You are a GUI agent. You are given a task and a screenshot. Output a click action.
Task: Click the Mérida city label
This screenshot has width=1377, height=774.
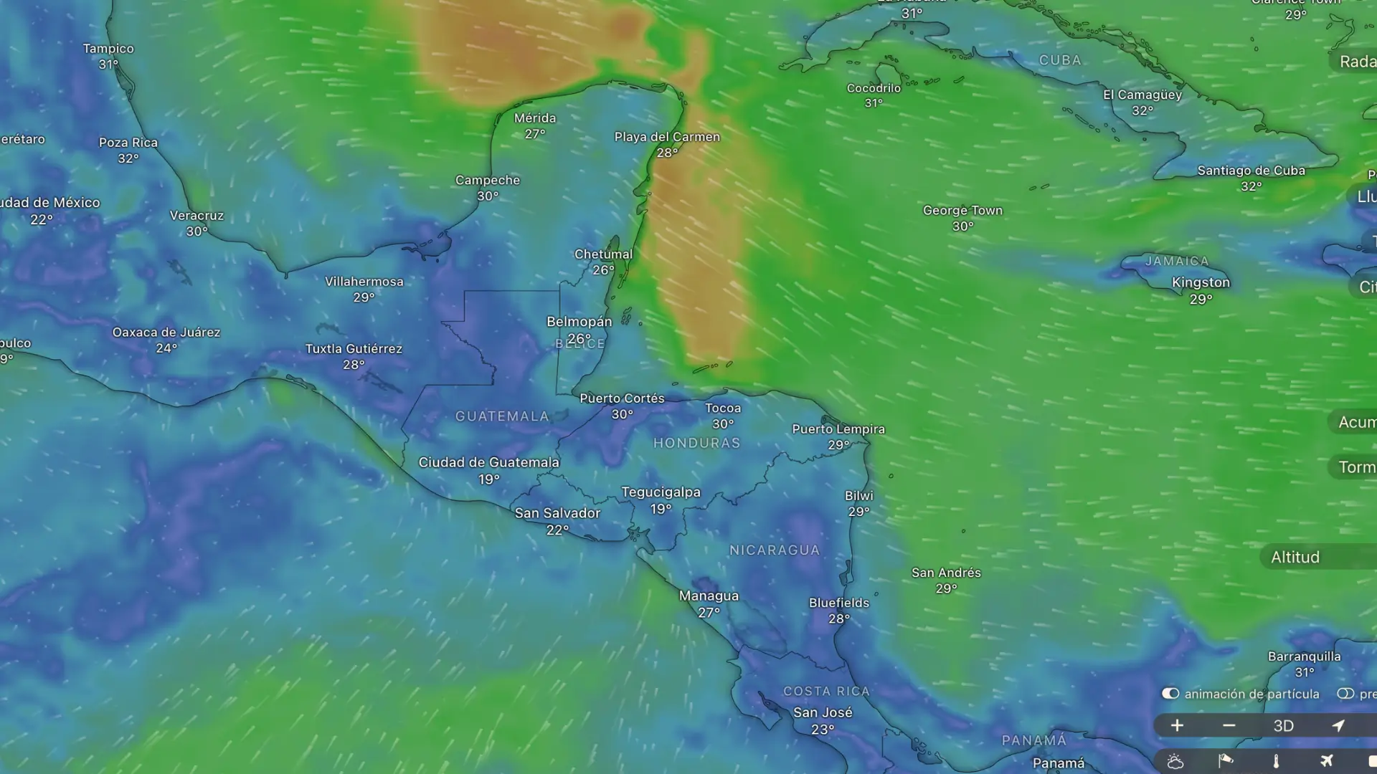535,118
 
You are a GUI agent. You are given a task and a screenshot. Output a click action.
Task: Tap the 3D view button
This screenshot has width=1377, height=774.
1283,726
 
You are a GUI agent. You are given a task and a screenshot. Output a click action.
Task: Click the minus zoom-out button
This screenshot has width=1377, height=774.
1229,726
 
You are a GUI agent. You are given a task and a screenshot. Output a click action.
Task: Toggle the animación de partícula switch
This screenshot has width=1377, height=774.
1170,694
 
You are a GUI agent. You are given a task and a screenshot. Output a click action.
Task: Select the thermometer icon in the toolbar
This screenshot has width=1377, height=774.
1276,761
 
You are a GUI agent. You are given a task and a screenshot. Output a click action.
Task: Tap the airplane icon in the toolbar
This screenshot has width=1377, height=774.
1326,761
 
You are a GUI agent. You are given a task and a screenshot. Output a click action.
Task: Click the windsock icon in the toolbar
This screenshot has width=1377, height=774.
1226,761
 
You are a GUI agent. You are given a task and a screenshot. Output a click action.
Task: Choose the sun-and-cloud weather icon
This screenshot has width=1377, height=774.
1175,761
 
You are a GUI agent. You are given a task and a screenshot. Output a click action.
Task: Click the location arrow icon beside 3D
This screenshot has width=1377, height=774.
1338,726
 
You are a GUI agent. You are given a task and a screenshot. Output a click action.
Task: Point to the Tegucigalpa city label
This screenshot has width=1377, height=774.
661,492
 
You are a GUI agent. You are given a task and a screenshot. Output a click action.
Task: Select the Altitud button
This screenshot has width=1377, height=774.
1295,558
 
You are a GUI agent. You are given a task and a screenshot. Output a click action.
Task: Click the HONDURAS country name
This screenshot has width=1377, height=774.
696,444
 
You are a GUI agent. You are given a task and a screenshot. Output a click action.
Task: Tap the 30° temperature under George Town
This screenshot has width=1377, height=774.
962,226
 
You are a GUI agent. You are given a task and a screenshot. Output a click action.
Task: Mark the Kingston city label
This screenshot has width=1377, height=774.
1201,282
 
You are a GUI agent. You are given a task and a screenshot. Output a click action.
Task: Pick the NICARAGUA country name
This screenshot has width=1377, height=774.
774,550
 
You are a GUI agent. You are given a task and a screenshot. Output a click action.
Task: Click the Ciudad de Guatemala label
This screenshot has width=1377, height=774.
488,463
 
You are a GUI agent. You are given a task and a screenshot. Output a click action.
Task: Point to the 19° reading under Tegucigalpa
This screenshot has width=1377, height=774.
661,509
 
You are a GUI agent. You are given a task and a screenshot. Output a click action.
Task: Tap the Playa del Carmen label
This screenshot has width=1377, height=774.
667,137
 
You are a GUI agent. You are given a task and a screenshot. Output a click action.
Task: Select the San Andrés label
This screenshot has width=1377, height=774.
946,573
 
